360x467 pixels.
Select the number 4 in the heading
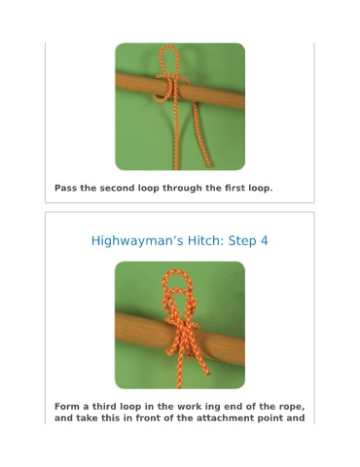tap(265, 241)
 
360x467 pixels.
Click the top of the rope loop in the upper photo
tap(169, 47)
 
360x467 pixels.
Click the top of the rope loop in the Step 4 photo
tap(177, 270)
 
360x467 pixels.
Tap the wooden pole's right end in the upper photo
tap(242, 101)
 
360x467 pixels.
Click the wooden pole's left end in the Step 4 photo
tap(118, 325)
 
